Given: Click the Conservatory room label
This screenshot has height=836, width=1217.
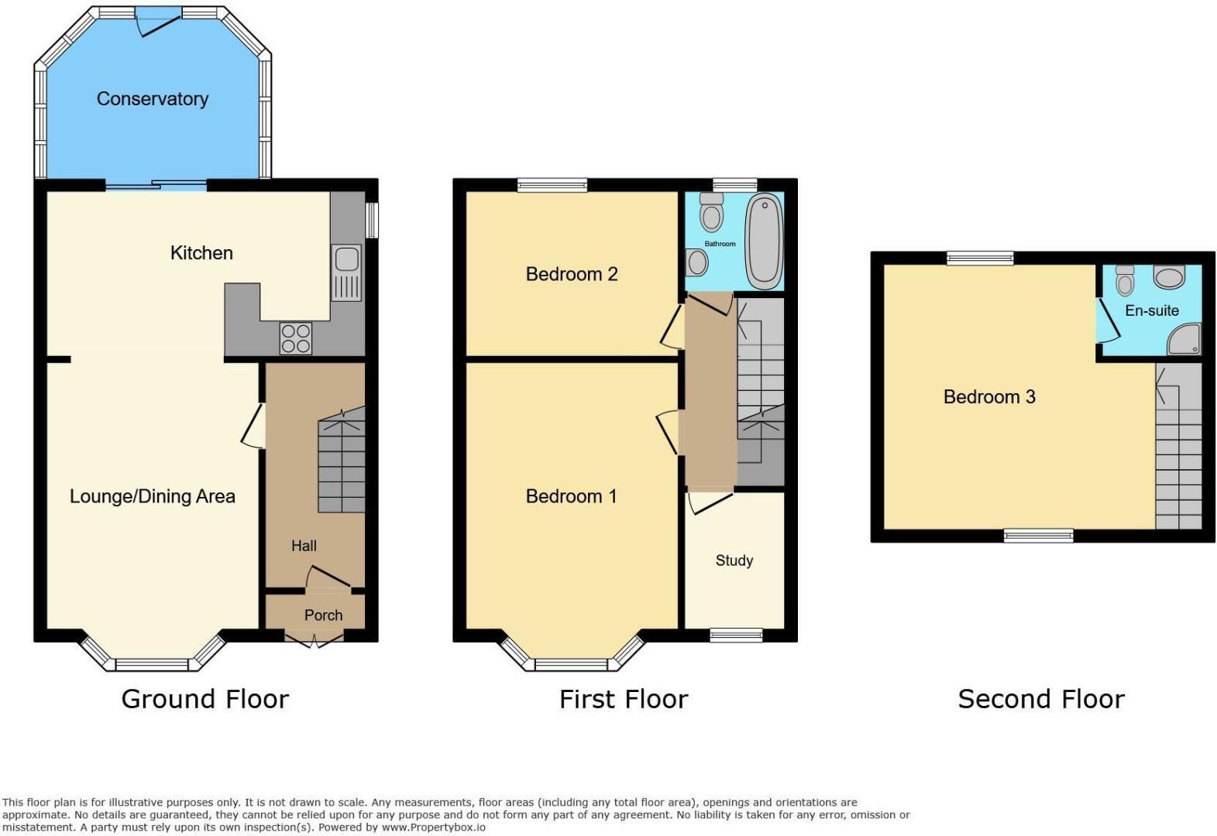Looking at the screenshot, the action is point(152,99).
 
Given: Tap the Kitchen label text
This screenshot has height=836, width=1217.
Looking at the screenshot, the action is point(201,253).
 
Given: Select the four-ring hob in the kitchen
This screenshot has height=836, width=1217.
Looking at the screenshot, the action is point(296,338).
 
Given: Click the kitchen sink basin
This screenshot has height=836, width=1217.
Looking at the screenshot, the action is point(346,259).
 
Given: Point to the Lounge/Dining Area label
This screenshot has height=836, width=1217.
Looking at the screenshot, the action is point(152,496).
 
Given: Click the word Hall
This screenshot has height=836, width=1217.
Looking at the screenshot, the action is point(304,546).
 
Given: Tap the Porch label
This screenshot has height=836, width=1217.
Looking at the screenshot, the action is point(323,615).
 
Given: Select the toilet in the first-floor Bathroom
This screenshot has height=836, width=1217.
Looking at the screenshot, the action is point(712,212).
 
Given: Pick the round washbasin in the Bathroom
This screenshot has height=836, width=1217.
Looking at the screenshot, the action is point(696,262).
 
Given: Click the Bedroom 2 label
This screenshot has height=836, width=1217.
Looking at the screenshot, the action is point(572,274).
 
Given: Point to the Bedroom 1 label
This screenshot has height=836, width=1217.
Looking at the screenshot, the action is point(571,496).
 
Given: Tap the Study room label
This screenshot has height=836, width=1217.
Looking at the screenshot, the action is point(734,560).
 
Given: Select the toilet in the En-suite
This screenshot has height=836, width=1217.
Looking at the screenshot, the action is point(1124,279).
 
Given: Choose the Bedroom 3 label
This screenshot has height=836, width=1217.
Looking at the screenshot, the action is point(989,397).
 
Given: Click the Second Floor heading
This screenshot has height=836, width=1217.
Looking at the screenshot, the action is point(1041,699).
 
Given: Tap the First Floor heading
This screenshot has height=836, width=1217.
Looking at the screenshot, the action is point(624,699).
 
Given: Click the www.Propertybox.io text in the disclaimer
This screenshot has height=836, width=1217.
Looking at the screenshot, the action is point(433,827).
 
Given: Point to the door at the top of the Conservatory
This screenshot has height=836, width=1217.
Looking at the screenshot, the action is point(159,21).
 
